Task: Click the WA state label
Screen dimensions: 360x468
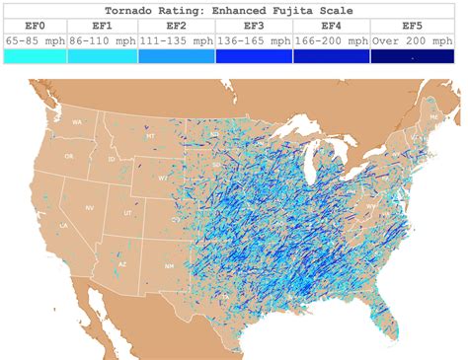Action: pos(76,121)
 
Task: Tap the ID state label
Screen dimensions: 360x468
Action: pos(111,159)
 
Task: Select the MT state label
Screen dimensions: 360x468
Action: pos(150,136)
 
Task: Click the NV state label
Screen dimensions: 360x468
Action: pos(89,207)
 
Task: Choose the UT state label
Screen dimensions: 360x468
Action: pos(127,212)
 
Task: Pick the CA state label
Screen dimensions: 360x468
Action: pos(63,226)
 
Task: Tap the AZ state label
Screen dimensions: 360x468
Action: pos(122,264)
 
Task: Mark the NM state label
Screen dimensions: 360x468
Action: pos(169,265)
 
